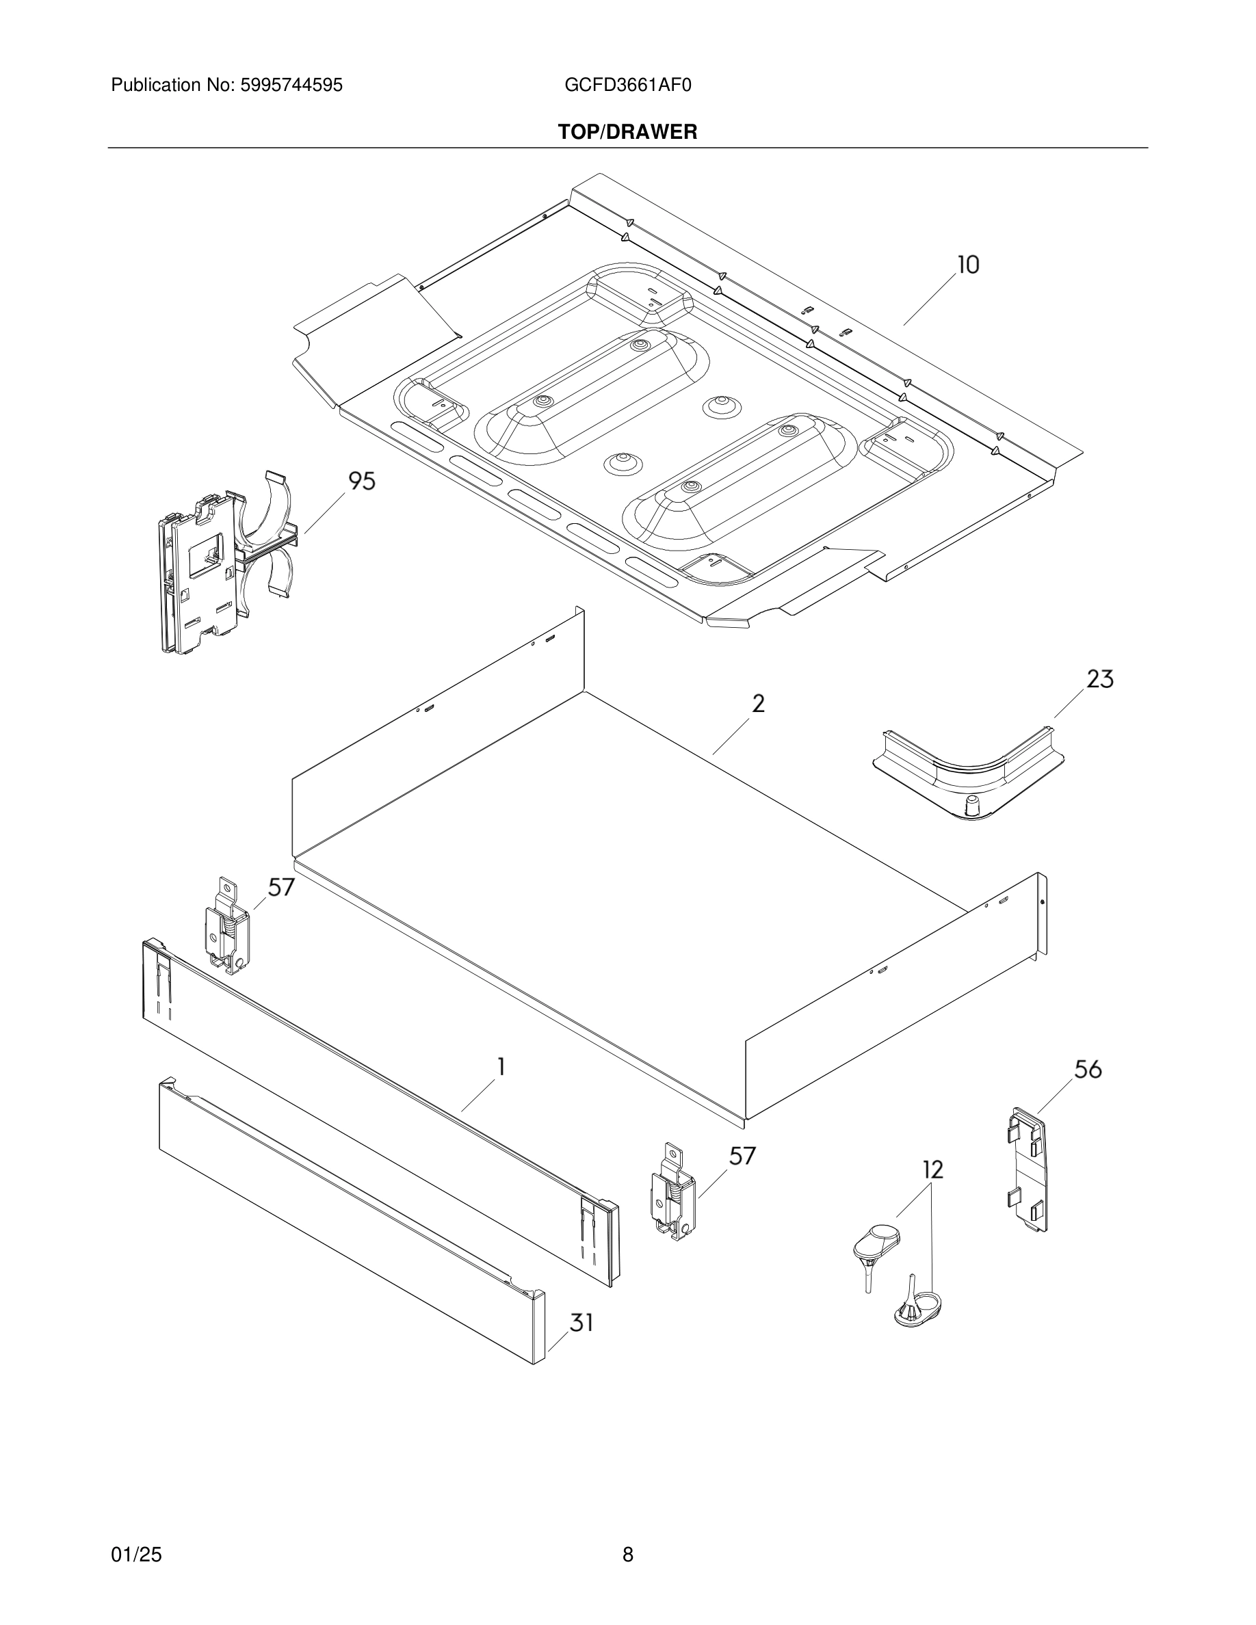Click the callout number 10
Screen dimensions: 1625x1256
coord(967,265)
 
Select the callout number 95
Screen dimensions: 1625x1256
coord(362,481)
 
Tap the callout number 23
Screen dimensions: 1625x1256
coord(1100,679)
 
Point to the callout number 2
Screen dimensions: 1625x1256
coord(757,703)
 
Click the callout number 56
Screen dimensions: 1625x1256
coord(1087,1069)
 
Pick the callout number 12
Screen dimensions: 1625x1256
coord(932,1170)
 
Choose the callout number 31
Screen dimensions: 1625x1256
coord(581,1322)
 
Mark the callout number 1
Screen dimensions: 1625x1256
coord(501,1067)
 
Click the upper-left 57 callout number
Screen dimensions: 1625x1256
coord(281,887)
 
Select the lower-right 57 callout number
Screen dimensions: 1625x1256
coord(742,1156)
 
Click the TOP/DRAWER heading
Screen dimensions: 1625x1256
coord(627,133)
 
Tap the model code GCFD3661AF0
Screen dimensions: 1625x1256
coord(627,85)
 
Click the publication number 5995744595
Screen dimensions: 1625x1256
coord(291,85)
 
